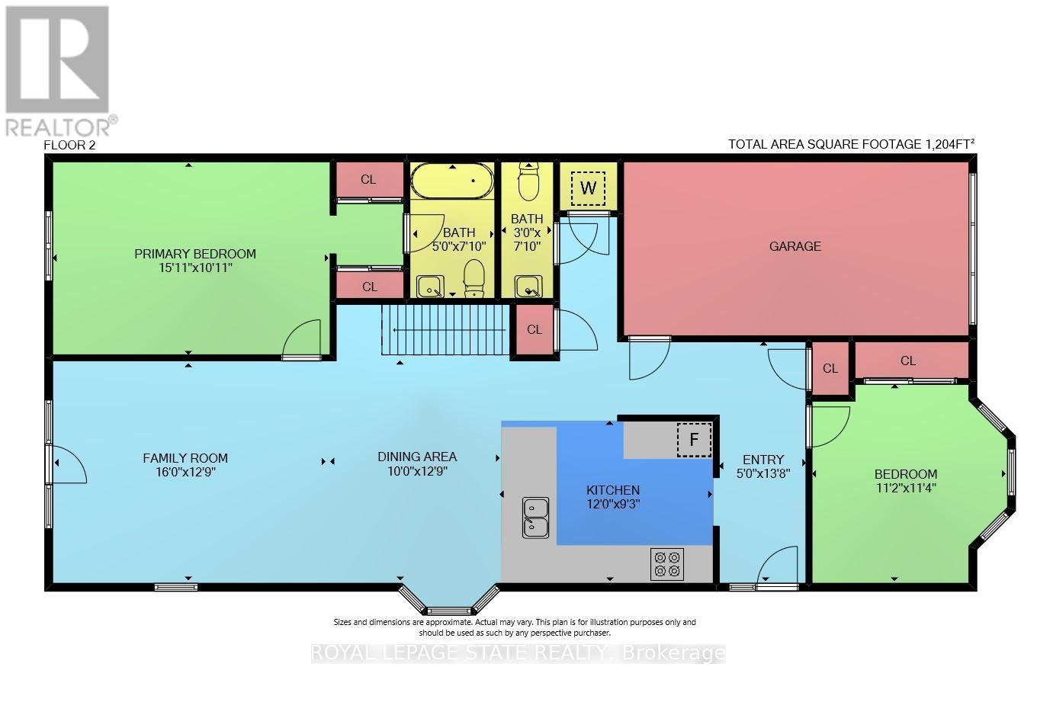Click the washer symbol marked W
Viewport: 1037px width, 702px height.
coord(588,188)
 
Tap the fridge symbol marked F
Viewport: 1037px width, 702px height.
coord(694,440)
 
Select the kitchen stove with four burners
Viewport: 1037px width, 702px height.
coord(667,564)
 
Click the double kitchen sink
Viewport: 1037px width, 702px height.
coord(535,516)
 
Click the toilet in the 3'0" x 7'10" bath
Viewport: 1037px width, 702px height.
coord(528,181)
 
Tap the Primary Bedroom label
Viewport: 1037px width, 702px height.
coord(195,254)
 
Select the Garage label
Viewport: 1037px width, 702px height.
coord(795,246)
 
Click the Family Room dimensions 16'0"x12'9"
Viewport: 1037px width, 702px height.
coord(185,472)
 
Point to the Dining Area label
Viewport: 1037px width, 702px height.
coord(417,457)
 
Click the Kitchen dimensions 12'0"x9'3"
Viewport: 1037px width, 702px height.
coord(612,504)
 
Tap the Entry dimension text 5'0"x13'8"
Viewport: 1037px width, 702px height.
coord(762,473)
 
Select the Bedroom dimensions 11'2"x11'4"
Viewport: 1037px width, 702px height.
coord(905,488)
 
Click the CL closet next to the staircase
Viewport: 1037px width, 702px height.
coord(534,330)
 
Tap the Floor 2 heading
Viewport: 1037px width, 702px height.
coord(69,145)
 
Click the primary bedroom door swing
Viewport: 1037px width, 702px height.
coord(303,343)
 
